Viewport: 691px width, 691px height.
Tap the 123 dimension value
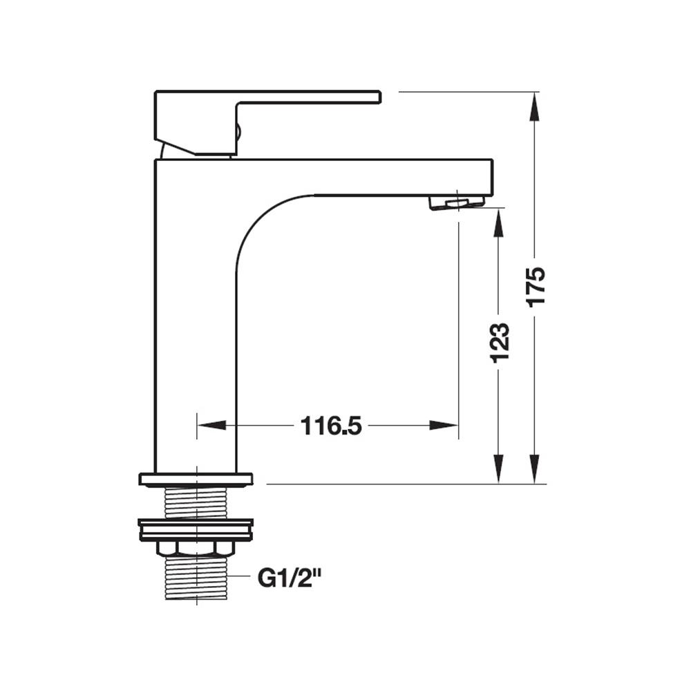[x=500, y=343]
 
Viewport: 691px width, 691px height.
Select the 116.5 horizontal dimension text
[x=331, y=426]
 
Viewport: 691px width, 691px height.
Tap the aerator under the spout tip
[x=457, y=202]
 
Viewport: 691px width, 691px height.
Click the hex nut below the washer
[x=196, y=548]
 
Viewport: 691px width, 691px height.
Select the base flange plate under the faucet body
[x=196, y=480]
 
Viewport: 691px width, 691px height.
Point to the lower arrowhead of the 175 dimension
[x=535, y=469]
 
